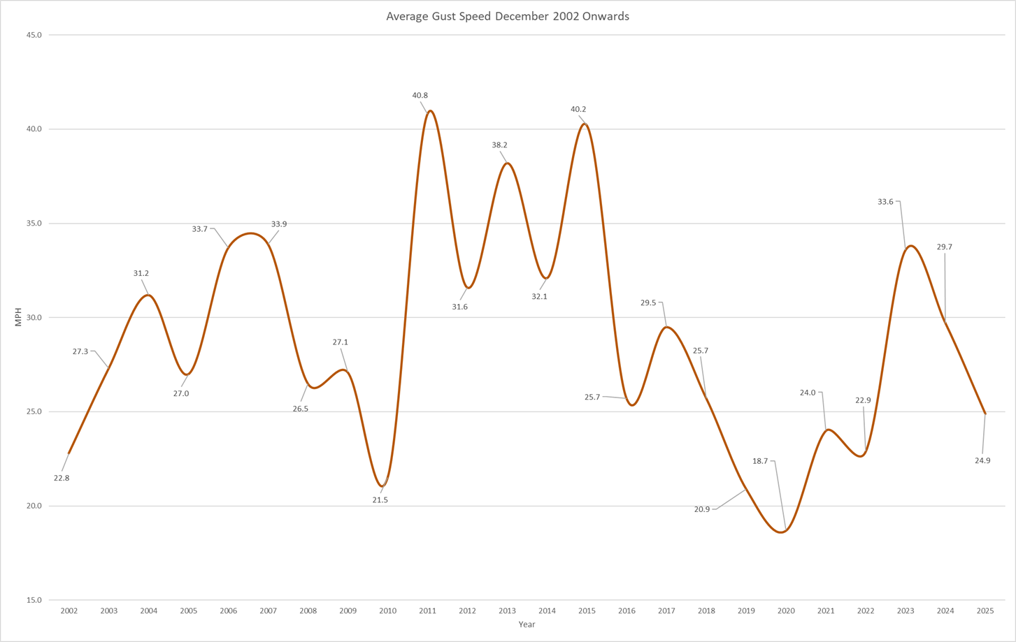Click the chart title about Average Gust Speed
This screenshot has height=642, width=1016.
[508, 16]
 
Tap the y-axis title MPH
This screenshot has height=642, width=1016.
[18, 317]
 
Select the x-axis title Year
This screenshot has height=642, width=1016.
[527, 624]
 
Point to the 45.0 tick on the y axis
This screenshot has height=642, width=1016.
[34, 35]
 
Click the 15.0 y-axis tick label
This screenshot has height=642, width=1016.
[34, 600]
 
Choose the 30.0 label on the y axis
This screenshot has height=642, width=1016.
[34, 317]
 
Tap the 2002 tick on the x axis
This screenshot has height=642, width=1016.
[69, 611]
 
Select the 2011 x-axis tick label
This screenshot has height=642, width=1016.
[427, 611]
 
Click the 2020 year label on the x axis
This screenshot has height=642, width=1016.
[786, 611]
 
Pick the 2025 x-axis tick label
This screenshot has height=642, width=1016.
[985, 611]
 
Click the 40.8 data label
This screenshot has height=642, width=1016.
[420, 95]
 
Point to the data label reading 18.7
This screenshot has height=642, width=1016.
[760, 461]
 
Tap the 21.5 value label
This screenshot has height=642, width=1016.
[380, 500]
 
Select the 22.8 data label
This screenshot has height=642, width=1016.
[62, 478]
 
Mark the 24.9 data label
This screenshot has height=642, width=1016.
[982, 460]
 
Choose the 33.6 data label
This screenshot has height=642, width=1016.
[885, 202]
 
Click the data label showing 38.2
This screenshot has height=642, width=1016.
[499, 145]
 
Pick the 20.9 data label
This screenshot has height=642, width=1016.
[702, 509]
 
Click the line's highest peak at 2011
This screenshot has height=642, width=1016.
[430, 110]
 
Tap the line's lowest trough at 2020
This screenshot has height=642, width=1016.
[782, 532]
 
